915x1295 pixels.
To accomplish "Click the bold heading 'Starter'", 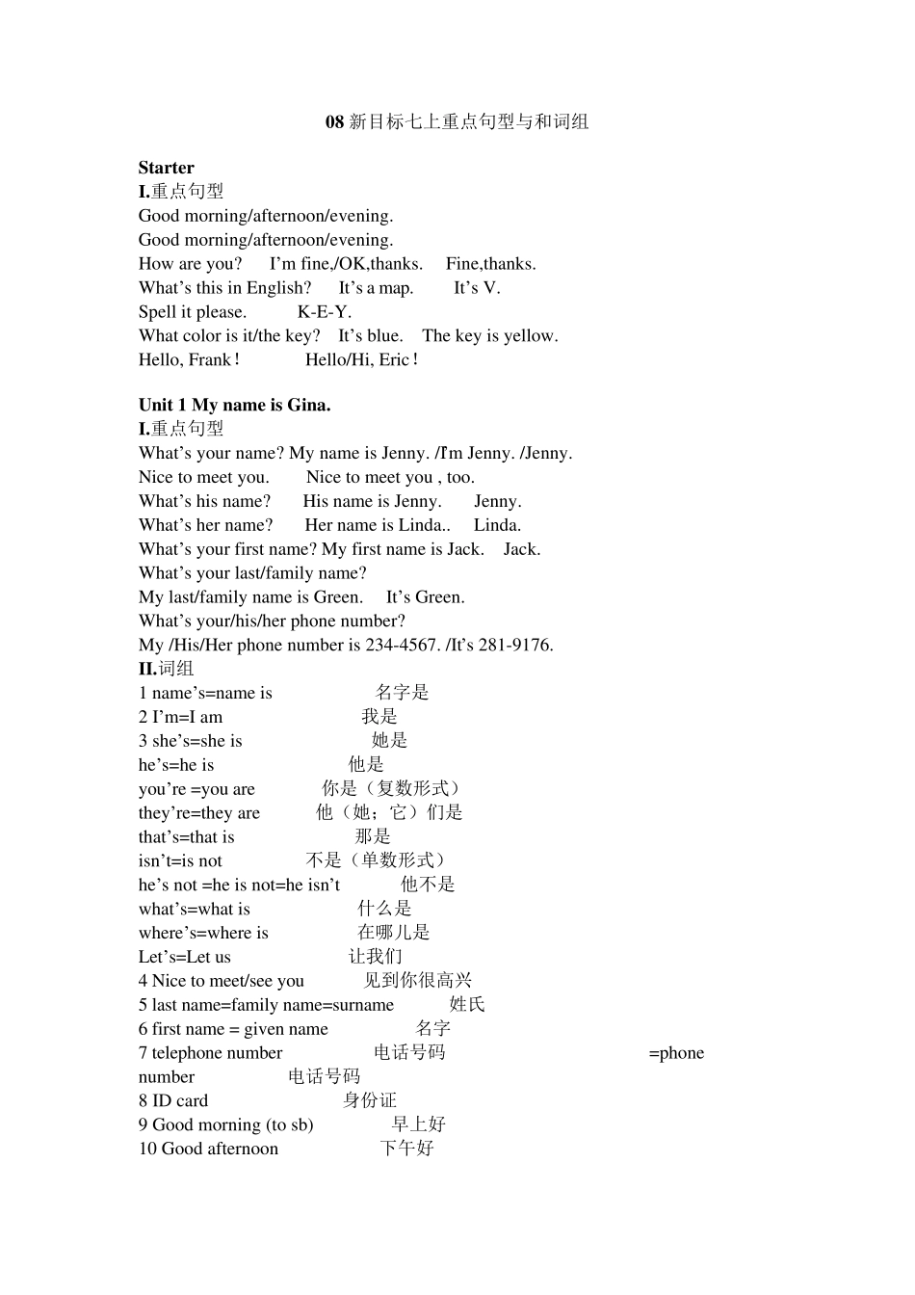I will click(x=166, y=168).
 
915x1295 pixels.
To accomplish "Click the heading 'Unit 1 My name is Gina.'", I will click(x=234, y=405).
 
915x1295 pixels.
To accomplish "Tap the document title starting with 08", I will click(x=457, y=121).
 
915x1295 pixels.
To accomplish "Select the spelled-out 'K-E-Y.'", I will click(x=325, y=312).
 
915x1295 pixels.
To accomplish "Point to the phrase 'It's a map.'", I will click(x=376, y=288).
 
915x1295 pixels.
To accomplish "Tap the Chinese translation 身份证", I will click(x=369, y=1100).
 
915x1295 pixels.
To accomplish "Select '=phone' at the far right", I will click(x=676, y=1053).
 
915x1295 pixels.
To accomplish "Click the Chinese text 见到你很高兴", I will click(x=417, y=981).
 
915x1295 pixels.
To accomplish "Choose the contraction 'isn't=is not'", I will click(x=180, y=860).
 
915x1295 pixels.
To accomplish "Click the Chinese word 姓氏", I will click(x=467, y=1005).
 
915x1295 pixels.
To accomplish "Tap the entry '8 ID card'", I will click(x=173, y=1100).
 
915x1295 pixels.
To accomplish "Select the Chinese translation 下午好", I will click(x=406, y=1149).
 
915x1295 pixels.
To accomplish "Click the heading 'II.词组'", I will click(x=166, y=669).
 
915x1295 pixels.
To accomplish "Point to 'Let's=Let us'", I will click(x=185, y=957).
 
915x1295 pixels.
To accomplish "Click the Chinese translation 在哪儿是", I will click(x=393, y=933).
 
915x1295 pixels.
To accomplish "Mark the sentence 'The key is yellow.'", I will click(x=489, y=336).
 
